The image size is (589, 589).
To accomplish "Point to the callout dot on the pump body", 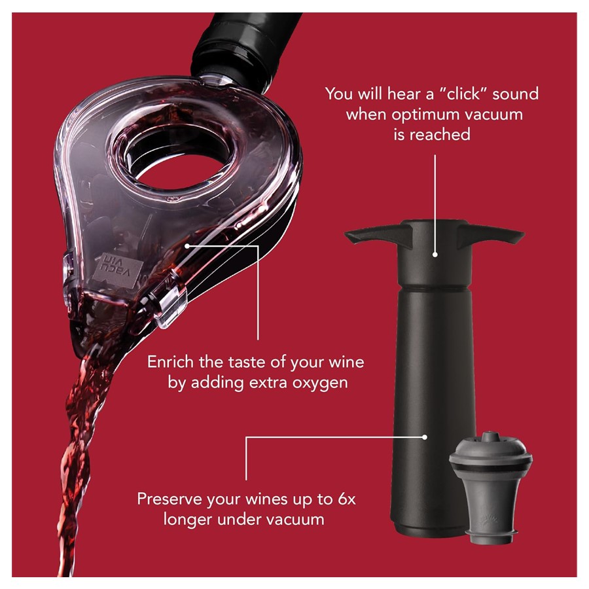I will (x=425, y=437).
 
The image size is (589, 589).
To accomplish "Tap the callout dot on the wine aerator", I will (x=187, y=245).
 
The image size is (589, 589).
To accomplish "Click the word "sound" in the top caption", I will (x=516, y=94).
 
